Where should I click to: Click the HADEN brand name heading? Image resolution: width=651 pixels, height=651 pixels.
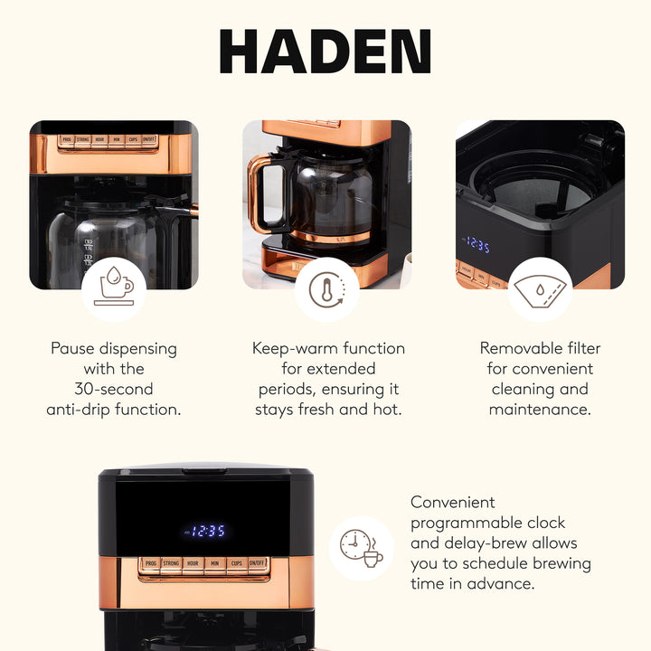pyautogui.click(x=325, y=52)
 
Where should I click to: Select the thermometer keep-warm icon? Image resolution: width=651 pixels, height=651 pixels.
pyautogui.click(x=326, y=289)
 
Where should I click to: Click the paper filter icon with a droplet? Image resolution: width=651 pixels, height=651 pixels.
pyautogui.click(x=539, y=289)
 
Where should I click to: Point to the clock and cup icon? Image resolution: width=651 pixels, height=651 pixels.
pyautogui.click(x=361, y=548)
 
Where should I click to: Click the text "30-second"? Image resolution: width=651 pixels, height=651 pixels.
pyautogui.click(x=114, y=389)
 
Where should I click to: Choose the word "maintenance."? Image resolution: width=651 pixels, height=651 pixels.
pyautogui.click(x=540, y=410)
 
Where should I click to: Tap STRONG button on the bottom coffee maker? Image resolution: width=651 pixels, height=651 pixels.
pyautogui.click(x=171, y=564)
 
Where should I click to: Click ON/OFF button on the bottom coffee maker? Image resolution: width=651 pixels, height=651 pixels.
pyautogui.click(x=257, y=564)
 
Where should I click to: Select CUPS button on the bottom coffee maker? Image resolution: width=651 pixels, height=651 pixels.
pyautogui.click(x=235, y=564)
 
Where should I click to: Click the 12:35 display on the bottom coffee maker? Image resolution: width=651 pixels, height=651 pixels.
pyautogui.click(x=205, y=531)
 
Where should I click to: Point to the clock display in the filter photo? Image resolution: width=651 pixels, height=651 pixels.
pyautogui.click(x=476, y=245)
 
